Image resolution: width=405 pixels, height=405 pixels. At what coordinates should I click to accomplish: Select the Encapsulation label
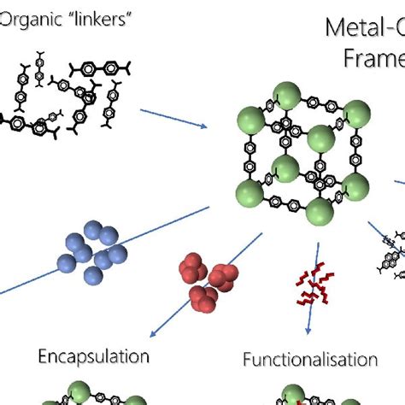[94, 355]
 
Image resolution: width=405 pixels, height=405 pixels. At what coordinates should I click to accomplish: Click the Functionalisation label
[310, 360]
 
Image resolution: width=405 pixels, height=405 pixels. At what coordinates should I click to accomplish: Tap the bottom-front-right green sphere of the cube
[319, 209]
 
